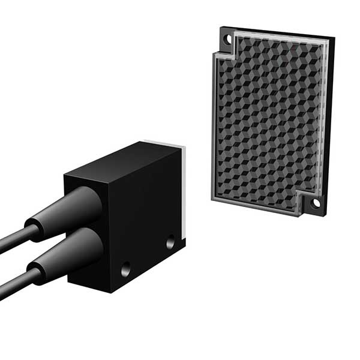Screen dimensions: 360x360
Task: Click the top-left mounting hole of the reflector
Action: pyautogui.click(x=227, y=40)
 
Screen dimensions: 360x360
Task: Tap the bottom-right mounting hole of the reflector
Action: pyautogui.click(x=316, y=203)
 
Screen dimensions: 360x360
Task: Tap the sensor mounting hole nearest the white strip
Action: pyautogui.click(x=170, y=243)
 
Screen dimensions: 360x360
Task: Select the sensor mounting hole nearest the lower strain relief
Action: pyautogui.click(x=125, y=269)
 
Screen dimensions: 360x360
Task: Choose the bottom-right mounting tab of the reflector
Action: pyautogui.click(x=314, y=204)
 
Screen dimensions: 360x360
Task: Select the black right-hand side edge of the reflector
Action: pyautogui.click(x=329, y=120)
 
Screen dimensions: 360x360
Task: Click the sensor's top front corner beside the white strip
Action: pyautogui.click(x=179, y=146)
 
